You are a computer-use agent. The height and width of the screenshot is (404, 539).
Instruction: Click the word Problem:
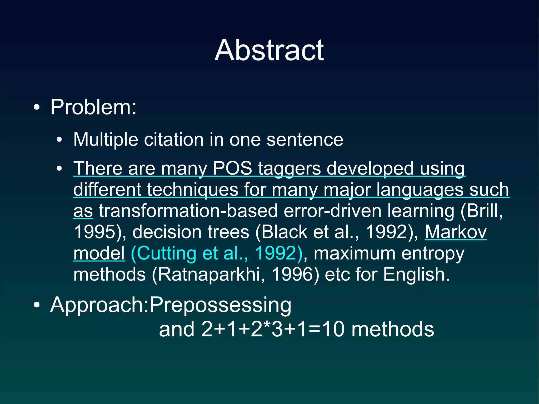tap(93, 107)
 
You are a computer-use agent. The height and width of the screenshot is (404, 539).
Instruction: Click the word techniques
tap(192, 190)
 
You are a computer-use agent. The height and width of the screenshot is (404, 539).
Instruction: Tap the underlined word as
tap(83, 211)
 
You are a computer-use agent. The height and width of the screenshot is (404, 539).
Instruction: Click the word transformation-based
tap(188, 211)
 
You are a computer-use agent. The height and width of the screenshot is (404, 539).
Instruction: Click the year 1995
tap(95, 232)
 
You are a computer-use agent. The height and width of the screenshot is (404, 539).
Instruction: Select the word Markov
tap(456, 232)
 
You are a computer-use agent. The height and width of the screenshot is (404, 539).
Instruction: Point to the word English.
tap(416, 275)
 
